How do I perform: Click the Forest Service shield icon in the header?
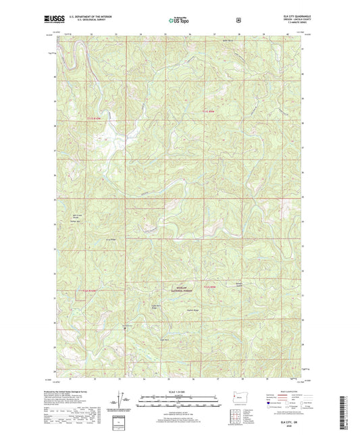coord(238,20)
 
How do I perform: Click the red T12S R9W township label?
coord(211,287)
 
